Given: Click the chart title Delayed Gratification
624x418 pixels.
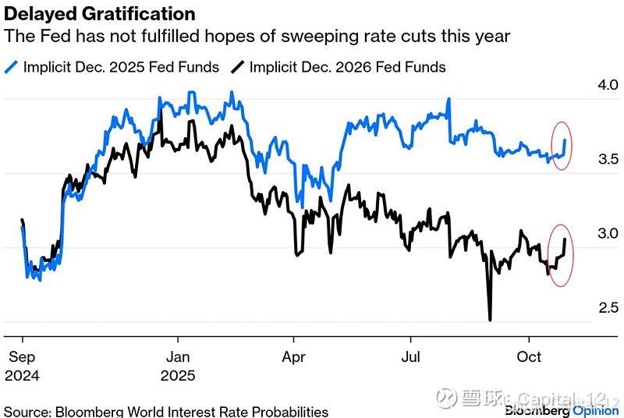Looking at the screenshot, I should [x=100, y=14].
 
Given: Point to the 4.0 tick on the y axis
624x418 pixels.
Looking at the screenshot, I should [x=586, y=84].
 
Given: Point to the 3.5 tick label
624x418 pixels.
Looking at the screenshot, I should [x=586, y=158].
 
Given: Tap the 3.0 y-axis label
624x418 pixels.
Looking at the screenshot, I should [x=586, y=233].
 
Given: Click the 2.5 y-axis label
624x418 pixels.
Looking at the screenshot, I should [x=586, y=307].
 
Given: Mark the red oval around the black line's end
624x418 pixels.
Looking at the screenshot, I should [x=562, y=256].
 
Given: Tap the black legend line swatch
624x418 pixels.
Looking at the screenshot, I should [x=237, y=66].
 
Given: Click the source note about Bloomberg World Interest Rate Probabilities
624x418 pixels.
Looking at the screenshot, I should [x=166, y=411].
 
